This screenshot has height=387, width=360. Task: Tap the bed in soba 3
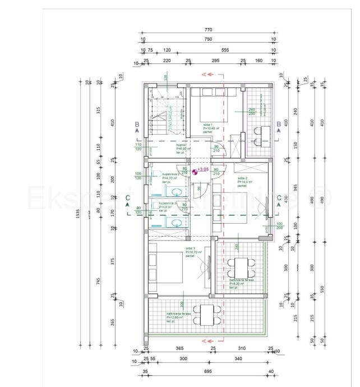[x=162, y=268]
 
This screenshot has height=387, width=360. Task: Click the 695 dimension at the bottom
[x=207, y=371]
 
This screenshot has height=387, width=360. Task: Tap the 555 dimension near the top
[x=225, y=50]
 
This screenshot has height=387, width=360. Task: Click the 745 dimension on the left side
[x=99, y=281]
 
